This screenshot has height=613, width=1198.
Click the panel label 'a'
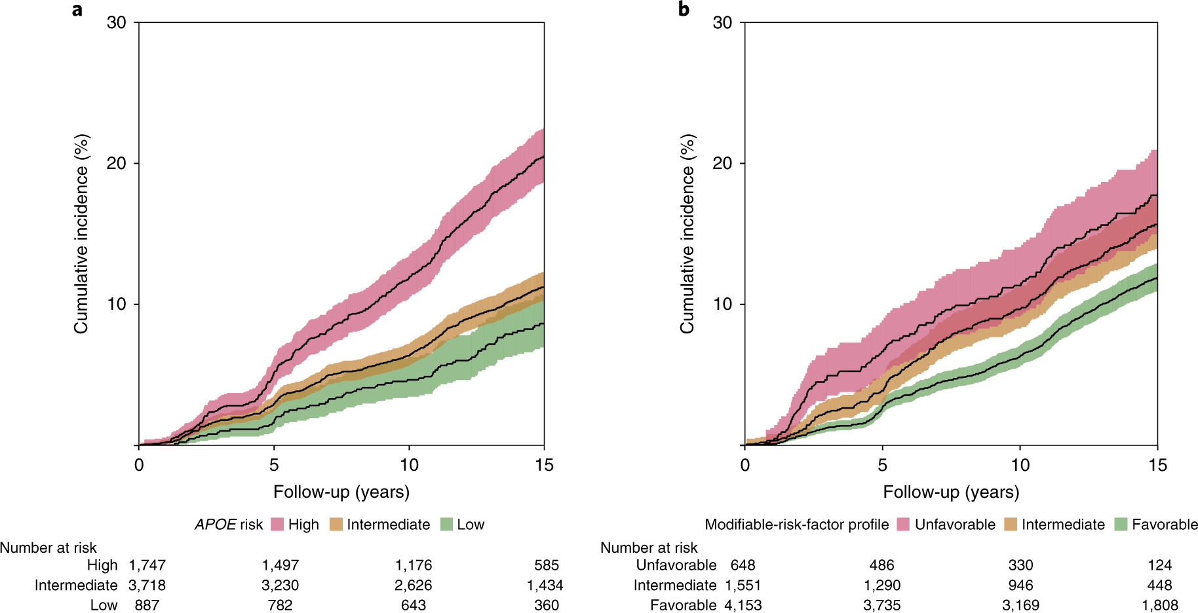[x=77, y=10]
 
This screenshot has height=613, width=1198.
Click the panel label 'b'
[x=684, y=10]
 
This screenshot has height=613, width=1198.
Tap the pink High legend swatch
[x=277, y=525]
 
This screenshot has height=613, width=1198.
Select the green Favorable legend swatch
[x=1121, y=525]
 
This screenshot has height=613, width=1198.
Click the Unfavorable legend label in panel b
[x=955, y=525]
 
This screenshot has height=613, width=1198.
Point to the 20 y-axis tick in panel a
[x=117, y=163]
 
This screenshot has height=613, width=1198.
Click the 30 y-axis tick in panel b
[x=722, y=22]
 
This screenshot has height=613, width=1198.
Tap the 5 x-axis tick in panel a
[x=274, y=465]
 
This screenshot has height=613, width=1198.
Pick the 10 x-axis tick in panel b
[x=1020, y=465]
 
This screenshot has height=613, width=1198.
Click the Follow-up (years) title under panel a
[x=341, y=492]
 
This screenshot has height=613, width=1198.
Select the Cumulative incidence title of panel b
[x=687, y=234]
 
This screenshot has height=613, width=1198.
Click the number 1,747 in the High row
[x=147, y=565]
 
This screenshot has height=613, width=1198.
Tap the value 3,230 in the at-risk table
[x=280, y=585]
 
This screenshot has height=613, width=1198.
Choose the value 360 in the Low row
[x=547, y=605]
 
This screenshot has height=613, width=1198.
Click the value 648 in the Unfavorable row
[x=743, y=565]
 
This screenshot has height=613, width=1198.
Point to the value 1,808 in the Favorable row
[x=1159, y=605]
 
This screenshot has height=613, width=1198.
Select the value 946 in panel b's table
[x=1020, y=585]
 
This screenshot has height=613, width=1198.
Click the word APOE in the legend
[x=215, y=525]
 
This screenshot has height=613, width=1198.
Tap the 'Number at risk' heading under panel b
[x=649, y=548]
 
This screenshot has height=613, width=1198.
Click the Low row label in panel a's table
[x=104, y=605]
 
